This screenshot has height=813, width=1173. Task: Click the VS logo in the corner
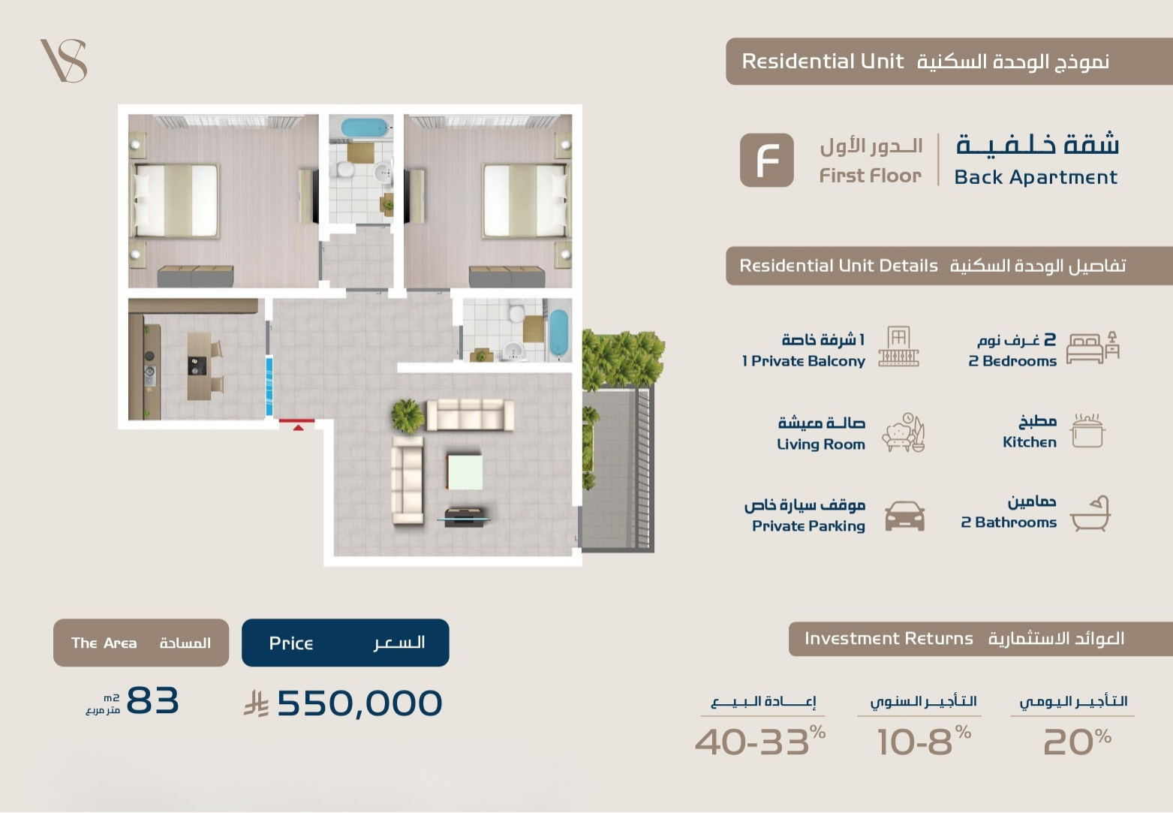65,60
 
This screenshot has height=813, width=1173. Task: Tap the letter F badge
767,160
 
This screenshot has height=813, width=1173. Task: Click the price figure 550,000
359,703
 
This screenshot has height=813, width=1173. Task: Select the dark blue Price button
345,643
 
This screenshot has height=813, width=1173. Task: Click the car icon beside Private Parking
904,516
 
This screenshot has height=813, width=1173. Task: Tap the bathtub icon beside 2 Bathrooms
1090,513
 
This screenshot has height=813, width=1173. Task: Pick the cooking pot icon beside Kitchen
1087,431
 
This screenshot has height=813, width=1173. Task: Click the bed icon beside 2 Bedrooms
1093,347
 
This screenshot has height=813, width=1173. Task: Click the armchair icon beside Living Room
904,432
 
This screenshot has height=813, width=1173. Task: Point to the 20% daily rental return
1077,741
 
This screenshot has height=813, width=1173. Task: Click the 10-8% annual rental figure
924,741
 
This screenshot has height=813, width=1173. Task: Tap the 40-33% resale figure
759,741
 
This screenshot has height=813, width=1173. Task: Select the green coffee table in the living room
465,472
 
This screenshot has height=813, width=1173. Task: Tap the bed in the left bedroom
176,200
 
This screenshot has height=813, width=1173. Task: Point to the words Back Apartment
1035,178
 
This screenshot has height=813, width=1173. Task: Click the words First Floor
871,176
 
